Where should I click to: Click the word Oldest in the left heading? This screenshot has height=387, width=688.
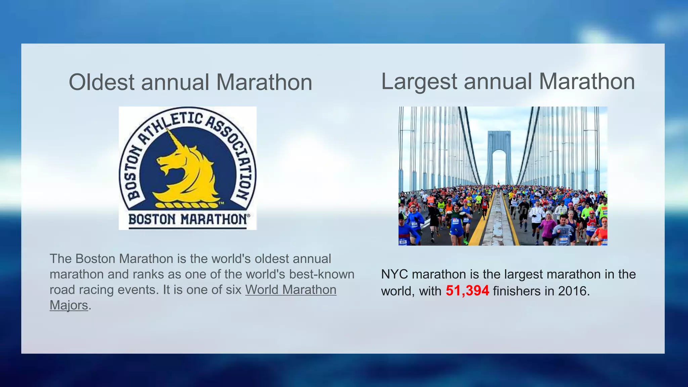(101, 82)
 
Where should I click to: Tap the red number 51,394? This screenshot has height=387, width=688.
(467, 291)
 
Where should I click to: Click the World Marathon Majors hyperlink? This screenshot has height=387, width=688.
(291, 290)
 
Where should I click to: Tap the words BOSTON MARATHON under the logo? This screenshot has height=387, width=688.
(188, 219)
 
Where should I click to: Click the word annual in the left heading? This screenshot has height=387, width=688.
(175, 82)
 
